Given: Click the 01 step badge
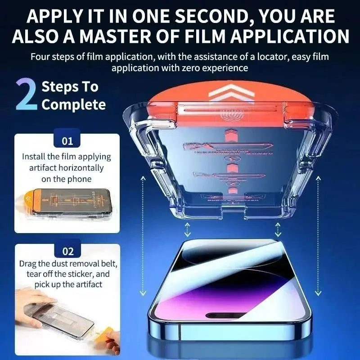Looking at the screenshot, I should (67, 141).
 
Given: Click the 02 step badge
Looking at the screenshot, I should (67, 251).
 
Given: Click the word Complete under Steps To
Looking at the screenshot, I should (73, 105).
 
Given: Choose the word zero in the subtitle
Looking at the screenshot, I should (192, 68).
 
